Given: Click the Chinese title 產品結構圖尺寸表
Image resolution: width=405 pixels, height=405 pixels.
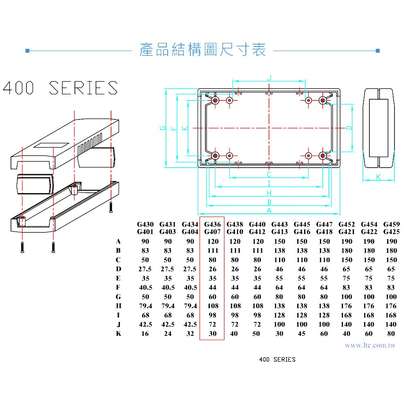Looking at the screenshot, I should (202, 50).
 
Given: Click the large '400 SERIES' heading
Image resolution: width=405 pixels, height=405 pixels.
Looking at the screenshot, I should (61, 88).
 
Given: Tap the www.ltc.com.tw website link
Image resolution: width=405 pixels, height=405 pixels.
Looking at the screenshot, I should (370, 345).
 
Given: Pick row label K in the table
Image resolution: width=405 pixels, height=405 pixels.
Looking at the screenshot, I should (118, 334).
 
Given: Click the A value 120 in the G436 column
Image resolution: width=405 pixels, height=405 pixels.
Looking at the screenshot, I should (213, 241).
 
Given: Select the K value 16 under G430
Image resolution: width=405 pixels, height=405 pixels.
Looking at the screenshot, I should (145, 334).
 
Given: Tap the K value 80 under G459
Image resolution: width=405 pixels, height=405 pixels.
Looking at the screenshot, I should (391, 334).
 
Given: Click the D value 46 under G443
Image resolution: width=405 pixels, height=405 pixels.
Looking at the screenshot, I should (279, 269).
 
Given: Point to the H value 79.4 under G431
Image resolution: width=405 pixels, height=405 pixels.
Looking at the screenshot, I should (168, 306).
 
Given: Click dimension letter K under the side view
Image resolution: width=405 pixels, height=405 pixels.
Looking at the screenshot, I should (378, 177).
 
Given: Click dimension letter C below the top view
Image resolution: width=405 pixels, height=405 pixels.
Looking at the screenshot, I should (269, 175).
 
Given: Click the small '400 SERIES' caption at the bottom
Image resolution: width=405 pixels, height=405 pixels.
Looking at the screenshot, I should (277, 359).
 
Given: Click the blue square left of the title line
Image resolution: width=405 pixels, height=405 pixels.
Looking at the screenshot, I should (27, 51).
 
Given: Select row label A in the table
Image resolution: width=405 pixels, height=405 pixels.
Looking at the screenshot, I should (118, 241).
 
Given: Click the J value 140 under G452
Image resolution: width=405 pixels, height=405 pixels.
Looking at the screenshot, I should (347, 324).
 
